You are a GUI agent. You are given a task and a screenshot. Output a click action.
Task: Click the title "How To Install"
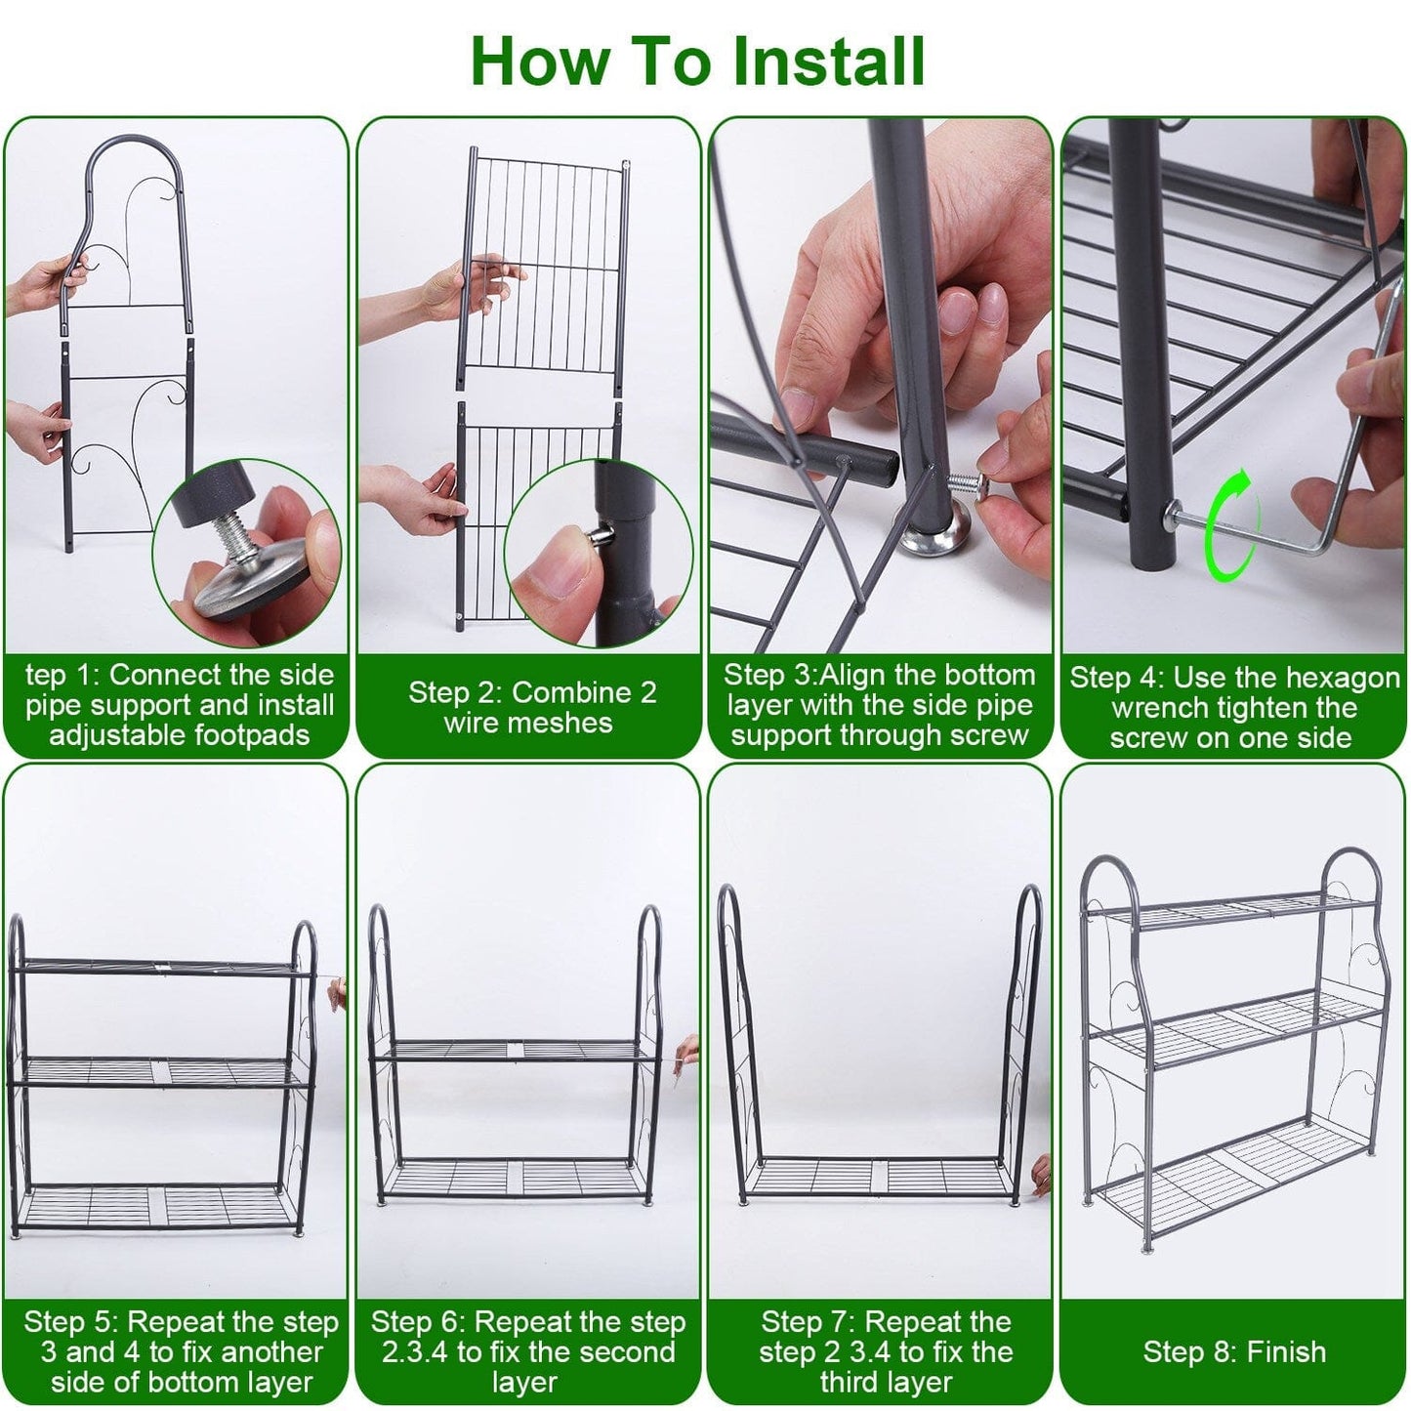point(697,61)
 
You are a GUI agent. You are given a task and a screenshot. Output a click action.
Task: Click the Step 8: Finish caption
point(1234,1351)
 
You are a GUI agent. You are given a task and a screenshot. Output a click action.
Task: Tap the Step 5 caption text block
point(181,1351)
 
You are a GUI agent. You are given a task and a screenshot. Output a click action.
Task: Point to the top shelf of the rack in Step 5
point(161,967)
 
